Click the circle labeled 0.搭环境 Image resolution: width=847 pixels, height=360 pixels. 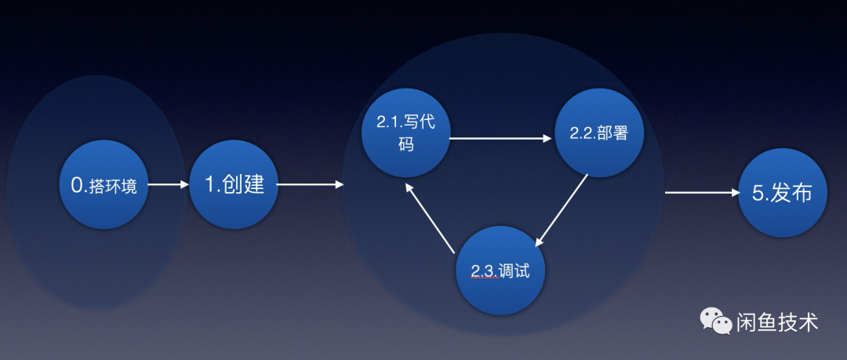click(x=104, y=185)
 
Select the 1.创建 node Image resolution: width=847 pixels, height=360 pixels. click(x=234, y=185)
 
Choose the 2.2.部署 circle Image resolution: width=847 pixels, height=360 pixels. click(x=599, y=133)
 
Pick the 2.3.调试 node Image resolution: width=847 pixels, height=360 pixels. click(x=500, y=271)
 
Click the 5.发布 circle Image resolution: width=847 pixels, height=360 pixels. click(x=782, y=193)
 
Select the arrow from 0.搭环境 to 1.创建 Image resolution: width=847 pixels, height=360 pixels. click(x=169, y=185)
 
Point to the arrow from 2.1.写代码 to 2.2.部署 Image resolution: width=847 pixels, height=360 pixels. click(x=500, y=139)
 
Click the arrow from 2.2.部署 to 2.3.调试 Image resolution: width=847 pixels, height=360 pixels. click(x=561, y=210)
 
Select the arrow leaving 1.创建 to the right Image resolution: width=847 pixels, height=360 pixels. click(x=310, y=185)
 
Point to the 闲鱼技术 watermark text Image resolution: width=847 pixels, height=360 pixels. click(x=777, y=322)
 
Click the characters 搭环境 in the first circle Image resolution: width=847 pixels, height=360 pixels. click(x=115, y=187)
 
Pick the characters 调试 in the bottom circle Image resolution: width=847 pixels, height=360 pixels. click(x=517, y=271)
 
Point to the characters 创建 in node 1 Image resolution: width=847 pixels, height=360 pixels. click(x=244, y=185)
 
